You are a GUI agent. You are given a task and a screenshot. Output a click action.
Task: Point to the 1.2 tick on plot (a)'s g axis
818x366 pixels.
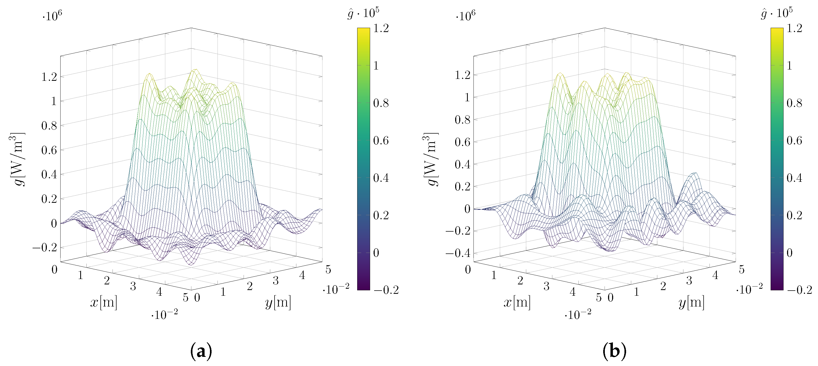49,76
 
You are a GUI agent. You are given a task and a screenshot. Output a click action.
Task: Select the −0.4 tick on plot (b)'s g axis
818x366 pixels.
458,253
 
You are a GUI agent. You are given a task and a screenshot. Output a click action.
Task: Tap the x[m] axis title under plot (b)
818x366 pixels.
517,302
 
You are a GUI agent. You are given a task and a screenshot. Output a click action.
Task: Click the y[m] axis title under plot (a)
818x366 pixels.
278,302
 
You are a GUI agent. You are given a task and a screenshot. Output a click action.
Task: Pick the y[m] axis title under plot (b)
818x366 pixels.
691,302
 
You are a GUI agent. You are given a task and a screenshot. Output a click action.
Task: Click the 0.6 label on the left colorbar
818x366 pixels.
381,140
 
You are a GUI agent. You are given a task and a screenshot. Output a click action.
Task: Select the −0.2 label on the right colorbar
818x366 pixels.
799,290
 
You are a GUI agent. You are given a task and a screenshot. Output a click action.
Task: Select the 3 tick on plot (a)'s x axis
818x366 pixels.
133,286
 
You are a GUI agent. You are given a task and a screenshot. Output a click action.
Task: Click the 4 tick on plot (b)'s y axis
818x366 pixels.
715,275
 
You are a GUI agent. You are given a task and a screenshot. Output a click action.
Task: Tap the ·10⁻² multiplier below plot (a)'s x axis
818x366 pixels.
164,314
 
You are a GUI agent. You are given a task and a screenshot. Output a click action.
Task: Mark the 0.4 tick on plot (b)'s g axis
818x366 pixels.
462,164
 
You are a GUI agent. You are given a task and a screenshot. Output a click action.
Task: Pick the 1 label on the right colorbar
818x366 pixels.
789,66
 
